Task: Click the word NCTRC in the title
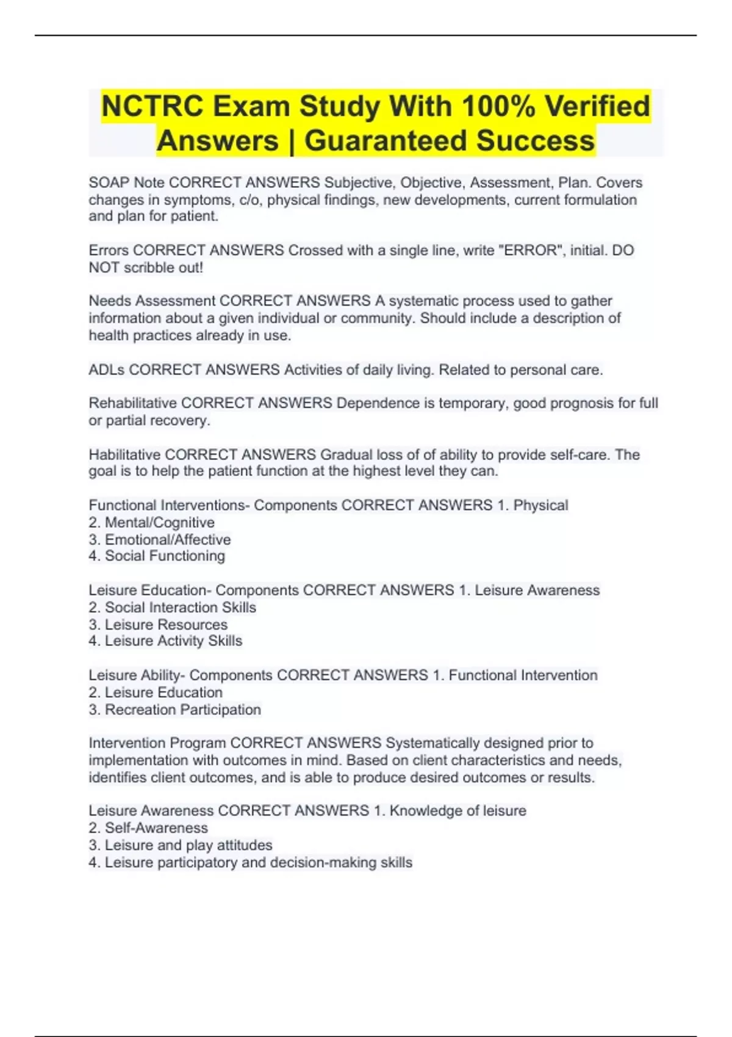click(x=152, y=106)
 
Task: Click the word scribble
click(x=149, y=267)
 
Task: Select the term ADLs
click(x=107, y=370)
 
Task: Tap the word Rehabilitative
click(x=133, y=403)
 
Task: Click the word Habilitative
click(x=125, y=454)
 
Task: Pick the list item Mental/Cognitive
click(x=159, y=523)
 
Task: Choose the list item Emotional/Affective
click(x=168, y=540)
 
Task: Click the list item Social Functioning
click(x=165, y=556)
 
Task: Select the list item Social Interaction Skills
click(x=180, y=608)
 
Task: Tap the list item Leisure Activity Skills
click(x=173, y=640)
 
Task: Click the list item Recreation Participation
click(x=182, y=709)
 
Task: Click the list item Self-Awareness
click(x=156, y=828)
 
